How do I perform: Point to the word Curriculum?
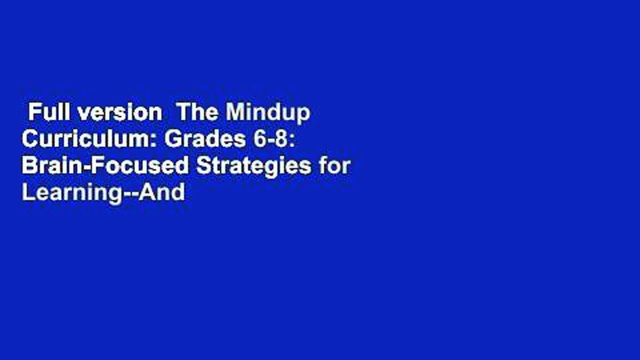pyautogui.click(x=89, y=139)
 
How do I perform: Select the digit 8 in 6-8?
pyautogui.click(x=281, y=139)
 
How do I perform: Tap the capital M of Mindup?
pyautogui.click(x=235, y=113)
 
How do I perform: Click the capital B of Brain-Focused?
pyautogui.click(x=28, y=166)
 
